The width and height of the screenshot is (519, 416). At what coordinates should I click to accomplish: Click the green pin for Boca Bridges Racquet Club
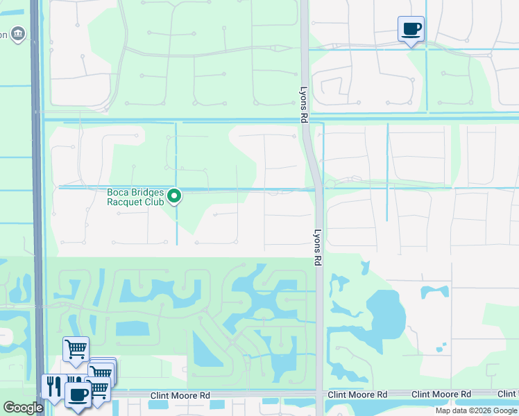pyautogui.click(x=176, y=196)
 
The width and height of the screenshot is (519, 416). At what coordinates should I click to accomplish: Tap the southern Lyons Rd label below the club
pyautogui.click(x=318, y=248)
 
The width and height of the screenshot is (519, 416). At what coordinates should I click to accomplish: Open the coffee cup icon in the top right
pyautogui.click(x=411, y=29)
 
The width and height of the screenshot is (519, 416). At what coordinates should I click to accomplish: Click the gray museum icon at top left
pyautogui.click(x=19, y=33)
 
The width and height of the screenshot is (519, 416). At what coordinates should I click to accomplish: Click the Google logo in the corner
pyautogui.click(x=23, y=408)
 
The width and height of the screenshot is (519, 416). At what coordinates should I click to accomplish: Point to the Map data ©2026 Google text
pyautogui.click(x=477, y=410)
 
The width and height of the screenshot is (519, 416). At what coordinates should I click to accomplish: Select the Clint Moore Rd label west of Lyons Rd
pyautogui.click(x=180, y=395)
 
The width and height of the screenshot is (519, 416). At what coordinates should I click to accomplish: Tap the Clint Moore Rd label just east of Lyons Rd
pyautogui.click(x=357, y=395)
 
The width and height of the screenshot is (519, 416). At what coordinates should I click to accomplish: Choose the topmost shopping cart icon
pyautogui.click(x=76, y=349)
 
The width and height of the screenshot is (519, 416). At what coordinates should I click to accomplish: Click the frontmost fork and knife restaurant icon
pyautogui.click(x=53, y=385)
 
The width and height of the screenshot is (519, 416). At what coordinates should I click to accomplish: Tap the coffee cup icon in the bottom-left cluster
pyautogui.click(x=78, y=397)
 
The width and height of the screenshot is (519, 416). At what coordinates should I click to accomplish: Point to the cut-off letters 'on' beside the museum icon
pyautogui.click(x=3, y=35)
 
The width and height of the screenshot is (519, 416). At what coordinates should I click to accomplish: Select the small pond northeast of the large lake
pyautogui.click(x=434, y=291)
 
